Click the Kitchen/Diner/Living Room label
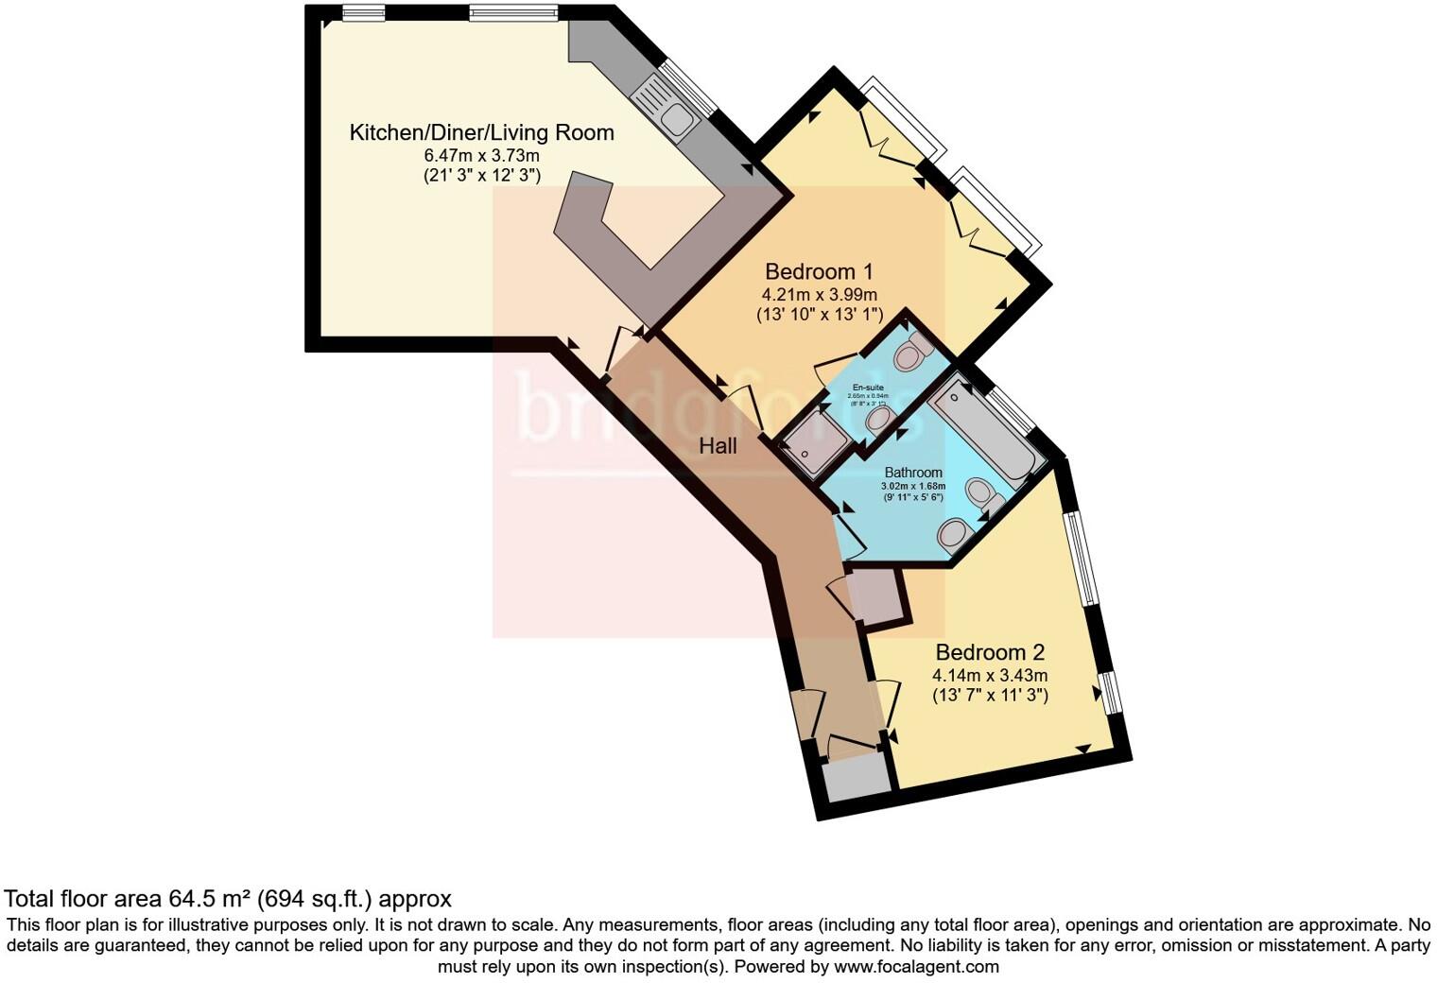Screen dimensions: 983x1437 [481, 132]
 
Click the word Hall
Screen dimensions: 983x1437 [718, 446]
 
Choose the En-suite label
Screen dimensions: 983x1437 [868, 388]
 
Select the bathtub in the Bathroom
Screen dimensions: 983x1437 [983, 430]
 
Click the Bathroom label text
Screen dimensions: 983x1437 [912, 473]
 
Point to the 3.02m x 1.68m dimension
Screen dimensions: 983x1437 [912, 487]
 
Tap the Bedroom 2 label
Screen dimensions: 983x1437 [989, 652]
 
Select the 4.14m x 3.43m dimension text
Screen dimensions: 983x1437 [989, 676]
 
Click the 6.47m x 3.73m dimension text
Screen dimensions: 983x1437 [481, 156]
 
